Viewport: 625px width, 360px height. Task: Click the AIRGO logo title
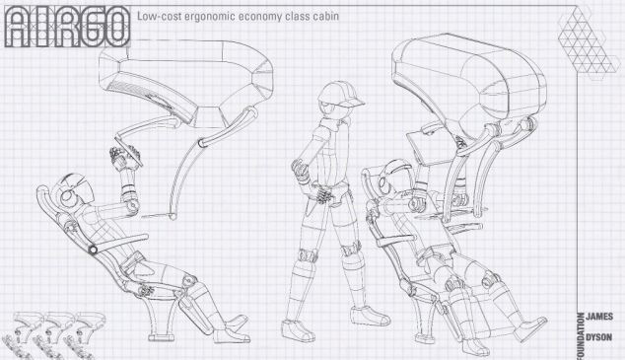coord(68,27)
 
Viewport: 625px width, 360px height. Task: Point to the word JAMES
coord(599,317)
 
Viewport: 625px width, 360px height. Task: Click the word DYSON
coord(599,337)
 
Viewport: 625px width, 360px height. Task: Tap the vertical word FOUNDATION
coord(581,336)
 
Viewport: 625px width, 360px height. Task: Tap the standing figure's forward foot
coord(370,316)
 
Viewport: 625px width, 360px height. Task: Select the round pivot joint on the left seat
coord(93,250)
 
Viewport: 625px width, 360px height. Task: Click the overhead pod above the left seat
coord(185,80)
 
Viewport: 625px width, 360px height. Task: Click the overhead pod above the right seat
coord(468,80)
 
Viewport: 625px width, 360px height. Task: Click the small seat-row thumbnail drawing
coord(51,335)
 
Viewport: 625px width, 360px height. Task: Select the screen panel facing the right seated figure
coord(423,148)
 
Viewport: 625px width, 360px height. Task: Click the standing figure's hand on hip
coord(301,171)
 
